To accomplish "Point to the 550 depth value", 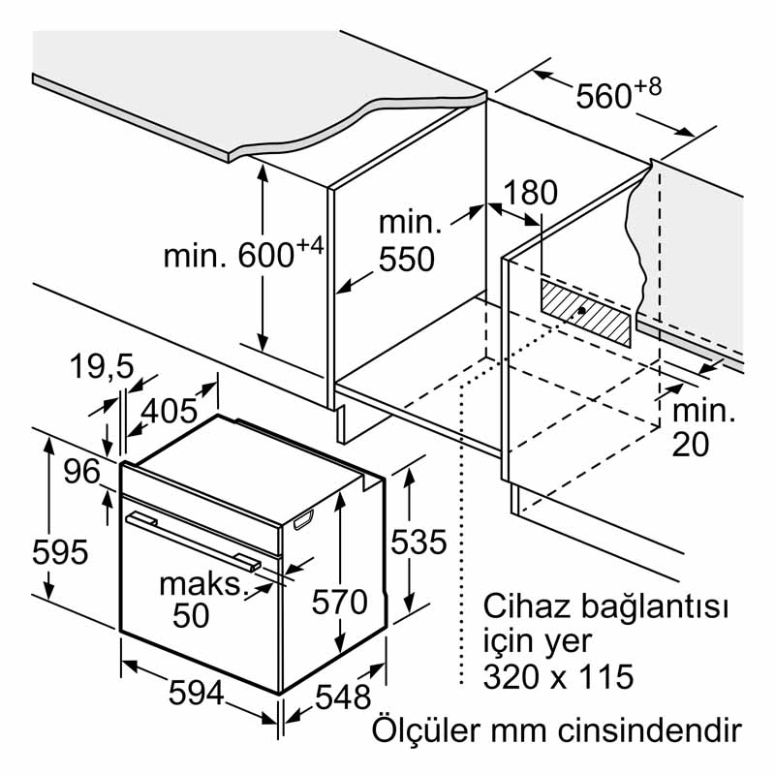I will (406, 259).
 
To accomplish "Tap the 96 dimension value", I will (82, 472).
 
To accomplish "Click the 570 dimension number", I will (339, 602).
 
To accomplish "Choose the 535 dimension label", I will (418, 542).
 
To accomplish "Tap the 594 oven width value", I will (197, 693).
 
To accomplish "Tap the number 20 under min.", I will (690, 444).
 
